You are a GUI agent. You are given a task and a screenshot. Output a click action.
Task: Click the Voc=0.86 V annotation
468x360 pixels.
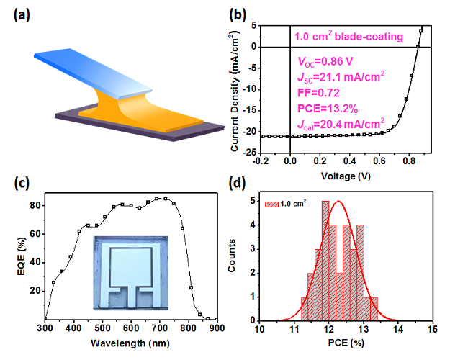tap(325, 63)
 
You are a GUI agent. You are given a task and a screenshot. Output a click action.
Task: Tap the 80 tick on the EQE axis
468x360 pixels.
tap(33, 205)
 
